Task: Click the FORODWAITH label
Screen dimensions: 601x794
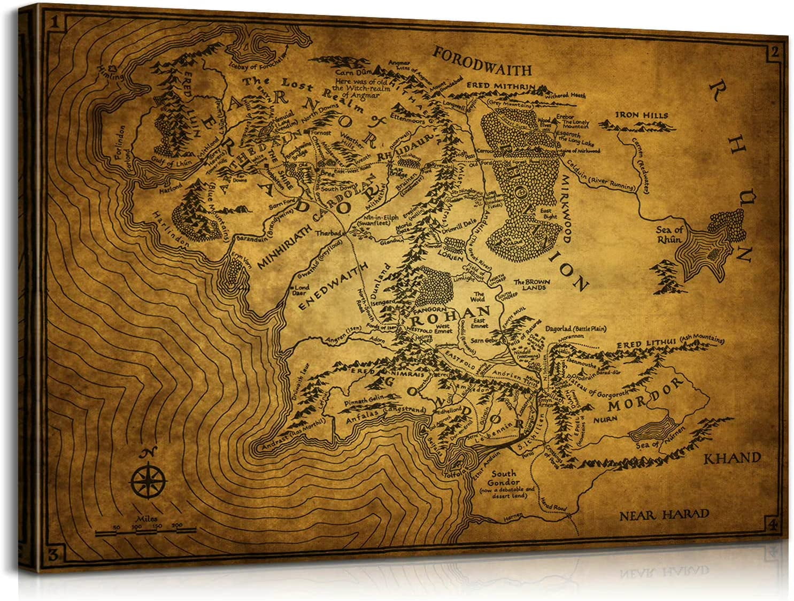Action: (482, 62)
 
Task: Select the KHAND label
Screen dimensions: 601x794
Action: (732, 458)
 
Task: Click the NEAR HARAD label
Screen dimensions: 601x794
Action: (664, 515)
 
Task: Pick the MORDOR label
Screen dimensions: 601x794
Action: (646, 395)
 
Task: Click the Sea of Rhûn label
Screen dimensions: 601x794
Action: (669, 235)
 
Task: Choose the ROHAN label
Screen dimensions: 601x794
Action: (450, 314)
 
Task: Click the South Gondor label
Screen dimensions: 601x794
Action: (504, 477)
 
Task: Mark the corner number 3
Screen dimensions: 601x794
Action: (52, 553)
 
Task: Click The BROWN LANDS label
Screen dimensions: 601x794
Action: (529, 284)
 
